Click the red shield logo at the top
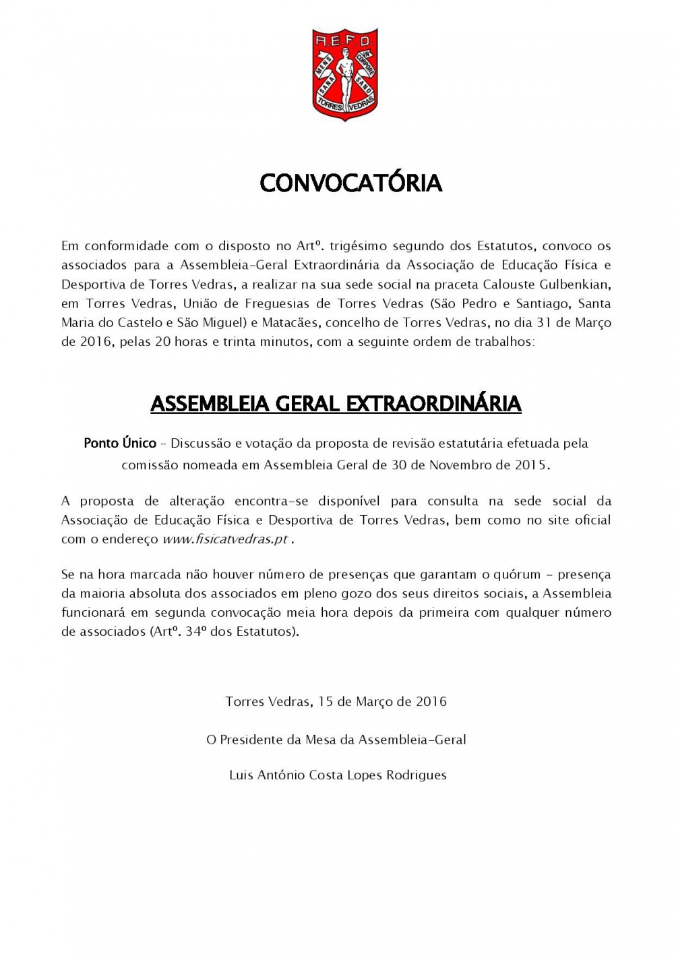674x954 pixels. [x=344, y=74]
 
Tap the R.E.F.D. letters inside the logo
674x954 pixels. [x=344, y=40]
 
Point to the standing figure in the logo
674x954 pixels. [x=344, y=78]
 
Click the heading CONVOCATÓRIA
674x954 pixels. [x=350, y=183]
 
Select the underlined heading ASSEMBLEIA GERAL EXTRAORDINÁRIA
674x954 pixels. [x=336, y=403]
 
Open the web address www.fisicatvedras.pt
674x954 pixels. [x=225, y=539]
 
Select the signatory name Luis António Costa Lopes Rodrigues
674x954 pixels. [x=338, y=775]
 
